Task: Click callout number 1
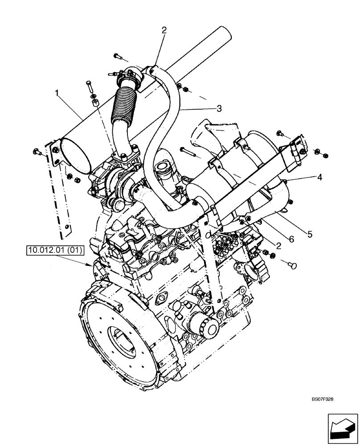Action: point(57,93)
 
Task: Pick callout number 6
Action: point(291,240)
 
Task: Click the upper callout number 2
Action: point(164,30)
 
